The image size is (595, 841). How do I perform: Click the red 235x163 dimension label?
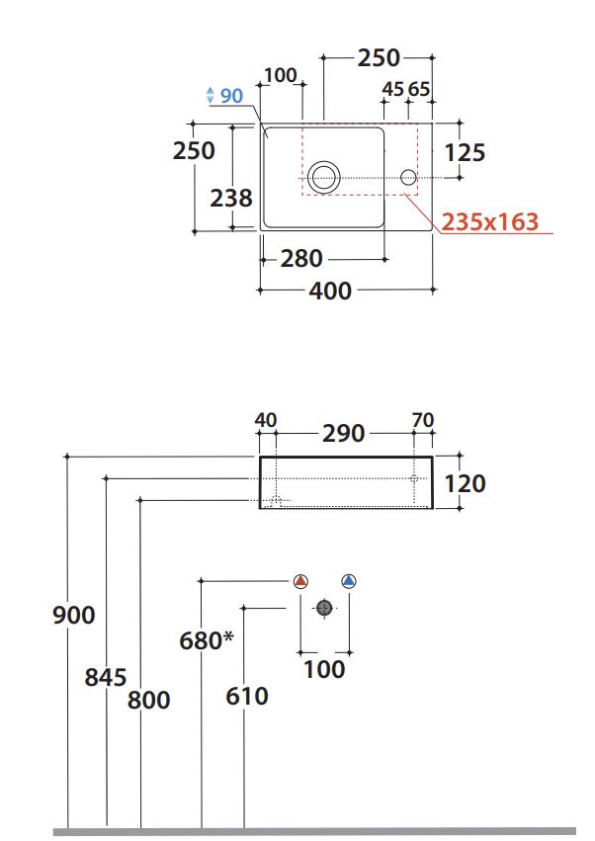[490, 221]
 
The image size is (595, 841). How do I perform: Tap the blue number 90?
[232, 96]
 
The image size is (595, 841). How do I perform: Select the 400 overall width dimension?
[330, 291]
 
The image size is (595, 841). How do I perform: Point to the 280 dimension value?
[301, 259]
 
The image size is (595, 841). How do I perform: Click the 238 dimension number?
[231, 197]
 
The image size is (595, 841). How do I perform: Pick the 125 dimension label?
[465, 152]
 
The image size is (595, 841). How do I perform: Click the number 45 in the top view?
[393, 89]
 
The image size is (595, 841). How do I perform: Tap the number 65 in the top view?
[419, 89]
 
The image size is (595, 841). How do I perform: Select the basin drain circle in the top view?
[323, 177]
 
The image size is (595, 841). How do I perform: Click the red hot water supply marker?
[301, 581]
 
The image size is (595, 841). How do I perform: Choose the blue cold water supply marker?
[347, 581]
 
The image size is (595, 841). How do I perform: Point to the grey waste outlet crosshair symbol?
[324, 607]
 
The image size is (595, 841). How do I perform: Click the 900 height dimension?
[74, 615]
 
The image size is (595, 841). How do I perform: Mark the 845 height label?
[106, 677]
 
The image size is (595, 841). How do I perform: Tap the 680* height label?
[206, 640]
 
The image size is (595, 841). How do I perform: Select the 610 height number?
[246, 696]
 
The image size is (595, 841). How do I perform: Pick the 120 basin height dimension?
[465, 483]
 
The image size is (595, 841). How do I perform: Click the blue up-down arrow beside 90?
[210, 96]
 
